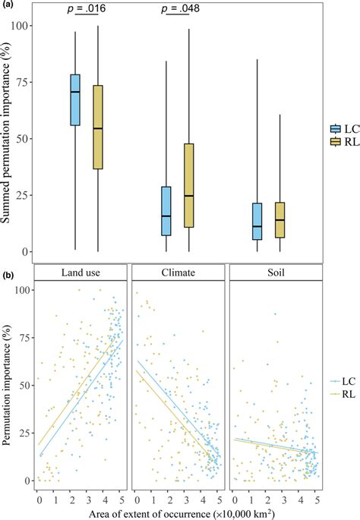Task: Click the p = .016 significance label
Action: (86, 9)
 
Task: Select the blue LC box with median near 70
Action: (74, 99)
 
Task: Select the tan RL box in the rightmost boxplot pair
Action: (280, 220)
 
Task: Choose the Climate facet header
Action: (178, 272)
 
